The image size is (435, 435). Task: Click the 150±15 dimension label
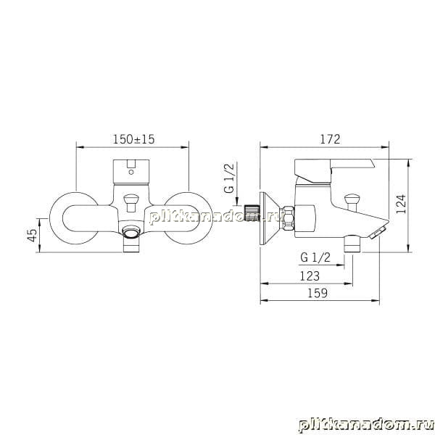(x=133, y=139)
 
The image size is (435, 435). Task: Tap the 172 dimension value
(x=330, y=139)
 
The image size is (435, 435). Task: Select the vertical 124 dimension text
(x=401, y=204)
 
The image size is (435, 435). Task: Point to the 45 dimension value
(x=33, y=235)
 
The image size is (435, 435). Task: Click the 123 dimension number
(x=310, y=275)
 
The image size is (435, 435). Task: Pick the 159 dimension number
(x=318, y=293)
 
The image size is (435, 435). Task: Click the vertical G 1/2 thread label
(x=229, y=178)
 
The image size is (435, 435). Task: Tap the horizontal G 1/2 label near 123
(x=315, y=257)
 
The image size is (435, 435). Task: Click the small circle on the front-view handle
(x=131, y=173)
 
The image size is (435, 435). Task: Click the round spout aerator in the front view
(x=131, y=231)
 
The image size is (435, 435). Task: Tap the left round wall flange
(x=73, y=218)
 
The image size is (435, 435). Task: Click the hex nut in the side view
(x=287, y=218)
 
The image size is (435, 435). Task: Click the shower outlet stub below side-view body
(x=352, y=244)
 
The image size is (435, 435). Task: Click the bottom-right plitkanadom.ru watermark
(x=366, y=426)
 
